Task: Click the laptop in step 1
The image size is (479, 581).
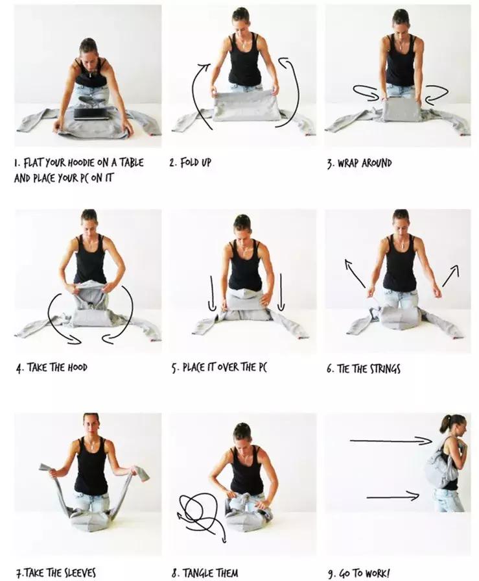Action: [92, 114]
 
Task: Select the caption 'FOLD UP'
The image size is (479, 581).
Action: [195, 162]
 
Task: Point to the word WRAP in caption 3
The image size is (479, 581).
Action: [348, 163]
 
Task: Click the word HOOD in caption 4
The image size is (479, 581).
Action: [77, 367]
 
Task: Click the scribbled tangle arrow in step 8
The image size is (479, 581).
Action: [201, 516]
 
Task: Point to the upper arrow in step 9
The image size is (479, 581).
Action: [391, 441]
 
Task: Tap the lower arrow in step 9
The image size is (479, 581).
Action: [393, 496]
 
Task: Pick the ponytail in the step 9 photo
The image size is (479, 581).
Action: [445, 424]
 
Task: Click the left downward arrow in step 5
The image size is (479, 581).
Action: [212, 293]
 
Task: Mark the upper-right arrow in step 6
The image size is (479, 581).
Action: [451, 275]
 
